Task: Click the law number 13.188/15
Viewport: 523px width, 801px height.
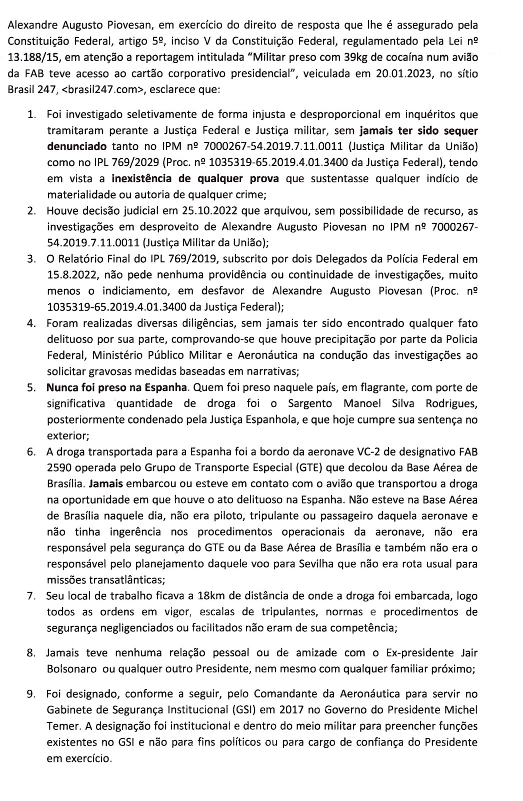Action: [x=31, y=57]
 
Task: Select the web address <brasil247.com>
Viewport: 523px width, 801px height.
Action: [x=92, y=91]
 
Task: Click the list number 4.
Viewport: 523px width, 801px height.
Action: [x=31, y=323]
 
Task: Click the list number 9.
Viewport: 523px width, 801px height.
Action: [x=31, y=694]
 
